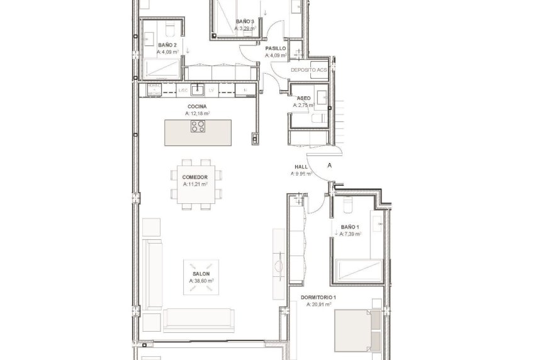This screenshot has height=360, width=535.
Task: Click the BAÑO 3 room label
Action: pos(245,22)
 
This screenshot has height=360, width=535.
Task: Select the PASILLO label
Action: pos(276,48)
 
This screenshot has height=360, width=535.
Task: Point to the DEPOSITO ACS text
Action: pos(308,70)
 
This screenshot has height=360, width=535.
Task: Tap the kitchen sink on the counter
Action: pos(198,89)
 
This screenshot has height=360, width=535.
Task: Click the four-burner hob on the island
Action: pos(198,126)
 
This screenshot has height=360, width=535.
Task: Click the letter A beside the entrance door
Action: pos(329,165)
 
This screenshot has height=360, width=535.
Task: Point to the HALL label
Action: pos(300,167)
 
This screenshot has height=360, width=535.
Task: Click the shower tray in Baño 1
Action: pos(358,271)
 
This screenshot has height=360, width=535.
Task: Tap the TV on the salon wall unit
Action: pos(276,264)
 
